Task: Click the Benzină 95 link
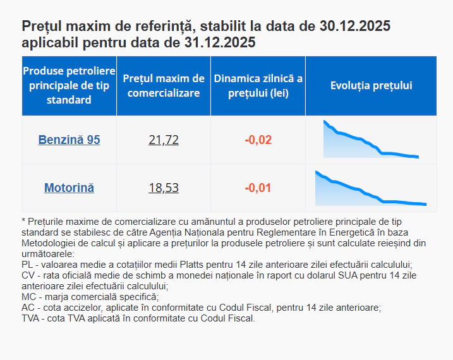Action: point(69,140)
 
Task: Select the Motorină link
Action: point(69,188)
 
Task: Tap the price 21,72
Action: point(164,140)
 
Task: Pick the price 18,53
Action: point(164,188)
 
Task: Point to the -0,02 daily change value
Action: point(258,140)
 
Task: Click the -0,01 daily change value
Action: point(258,188)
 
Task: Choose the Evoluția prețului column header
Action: point(371,86)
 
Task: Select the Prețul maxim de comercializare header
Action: point(164,86)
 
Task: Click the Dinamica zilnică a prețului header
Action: point(258,86)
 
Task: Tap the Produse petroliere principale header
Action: point(69,86)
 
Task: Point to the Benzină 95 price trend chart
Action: point(371,140)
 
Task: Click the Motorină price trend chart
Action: point(371,188)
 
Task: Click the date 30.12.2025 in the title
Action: point(355,27)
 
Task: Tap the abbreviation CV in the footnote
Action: point(28,275)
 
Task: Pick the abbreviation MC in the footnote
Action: point(28,297)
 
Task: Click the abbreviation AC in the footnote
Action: point(28,308)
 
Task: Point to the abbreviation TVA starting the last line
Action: point(31,318)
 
